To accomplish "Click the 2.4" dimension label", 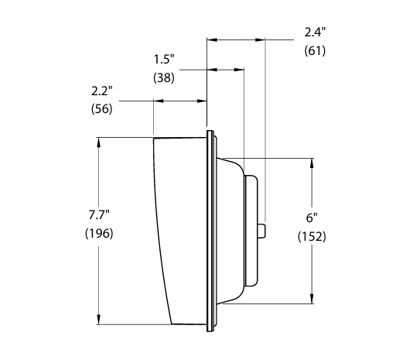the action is tap(315, 33).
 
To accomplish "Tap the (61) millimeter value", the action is tap(315, 50).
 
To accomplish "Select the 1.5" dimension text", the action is tap(164, 60).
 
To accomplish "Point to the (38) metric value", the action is tap(164, 77).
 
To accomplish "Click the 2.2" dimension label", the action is tap(102, 91).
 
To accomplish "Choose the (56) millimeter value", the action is tap(102, 108).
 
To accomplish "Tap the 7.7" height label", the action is tap(99, 214).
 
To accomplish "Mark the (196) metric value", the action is tap(99, 233).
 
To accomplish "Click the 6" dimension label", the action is tap(312, 218).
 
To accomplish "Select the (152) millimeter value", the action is tap(312, 236).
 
